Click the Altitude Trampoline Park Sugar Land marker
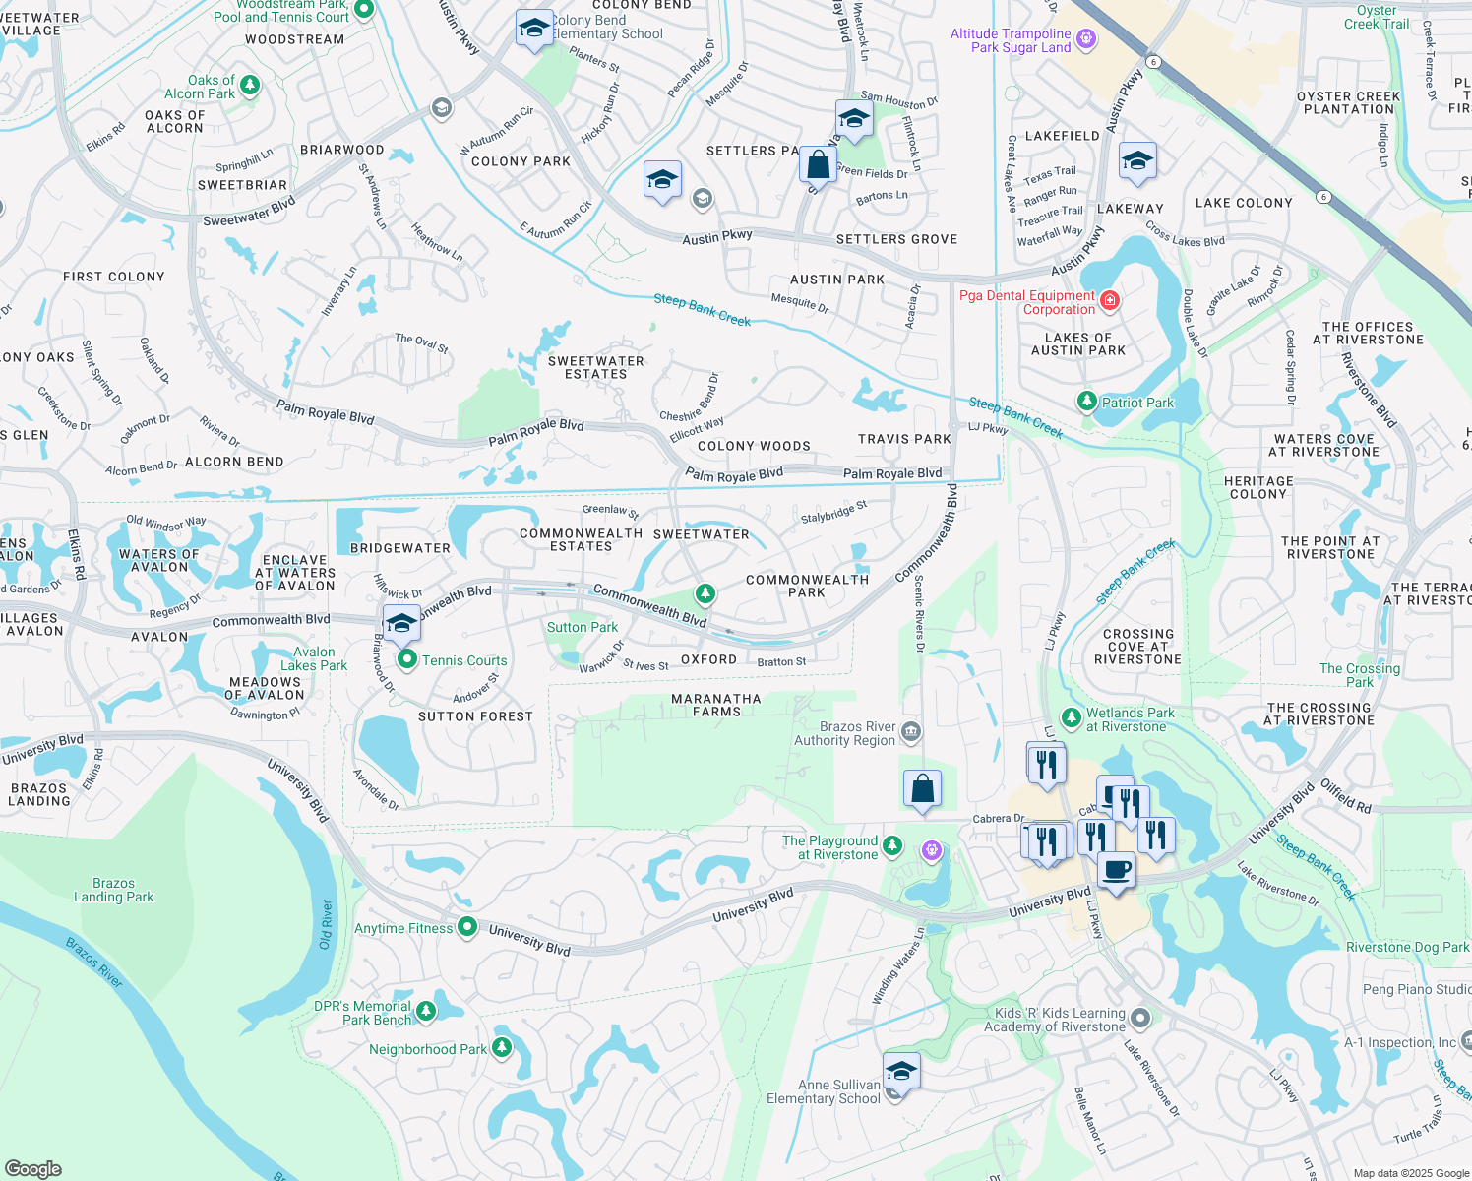click(x=1086, y=39)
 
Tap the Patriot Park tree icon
click(x=1086, y=402)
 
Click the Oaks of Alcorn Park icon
click(x=250, y=87)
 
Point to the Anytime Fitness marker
click(x=467, y=927)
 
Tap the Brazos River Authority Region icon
click(x=911, y=731)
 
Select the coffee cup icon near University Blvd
click(x=1116, y=871)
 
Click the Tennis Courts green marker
click(x=406, y=660)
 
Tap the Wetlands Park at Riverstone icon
click(x=1072, y=719)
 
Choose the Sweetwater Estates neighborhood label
click(x=595, y=368)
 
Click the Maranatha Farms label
click(x=716, y=705)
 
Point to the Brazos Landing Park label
click(x=114, y=890)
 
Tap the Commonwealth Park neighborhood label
click(x=807, y=586)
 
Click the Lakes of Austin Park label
click(x=1078, y=343)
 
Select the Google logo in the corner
click(x=32, y=1168)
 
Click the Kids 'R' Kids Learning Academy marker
click(x=1139, y=1018)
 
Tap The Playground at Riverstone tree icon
click(x=892, y=845)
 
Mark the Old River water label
click(x=327, y=924)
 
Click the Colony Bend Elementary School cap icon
click(x=533, y=29)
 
